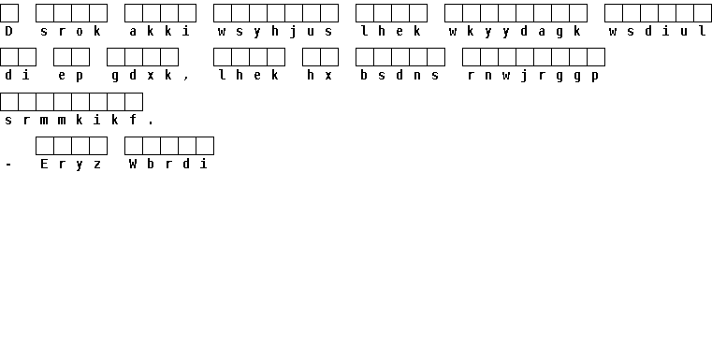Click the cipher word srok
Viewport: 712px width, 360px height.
[x=71, y=31]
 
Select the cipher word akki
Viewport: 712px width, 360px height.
[x=160, y=31]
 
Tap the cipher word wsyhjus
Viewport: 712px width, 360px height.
[x=275, y=32]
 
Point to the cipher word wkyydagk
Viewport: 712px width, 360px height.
[x=515, y=32]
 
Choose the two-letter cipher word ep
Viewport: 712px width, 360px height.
[x=71, y=76]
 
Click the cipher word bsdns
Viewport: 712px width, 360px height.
[x=400, y=76]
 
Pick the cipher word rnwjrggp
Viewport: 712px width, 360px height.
[x=533, y=76]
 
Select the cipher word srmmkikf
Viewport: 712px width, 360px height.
[x=71, y=120]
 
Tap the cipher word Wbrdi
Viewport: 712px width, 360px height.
[x=169, y=164]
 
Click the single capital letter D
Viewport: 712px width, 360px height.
[x=8, y=31]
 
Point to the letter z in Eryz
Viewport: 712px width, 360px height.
[x=97, y=165]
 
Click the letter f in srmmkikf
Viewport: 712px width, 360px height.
[x=133, y=120]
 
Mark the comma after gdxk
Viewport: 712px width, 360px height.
[x=186, y=79]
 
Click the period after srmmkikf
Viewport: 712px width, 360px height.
[x=151, y=122]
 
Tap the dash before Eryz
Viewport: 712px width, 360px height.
[x=8, y=165]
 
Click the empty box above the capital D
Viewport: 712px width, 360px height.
[x=9, y=13]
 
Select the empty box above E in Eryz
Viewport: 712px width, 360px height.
[x=45, y=146]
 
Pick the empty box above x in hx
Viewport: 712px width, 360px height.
[x=329, y=57]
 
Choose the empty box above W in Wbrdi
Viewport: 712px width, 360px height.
[x=134, y=146]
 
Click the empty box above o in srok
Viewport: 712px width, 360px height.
[x=80, y=13]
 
